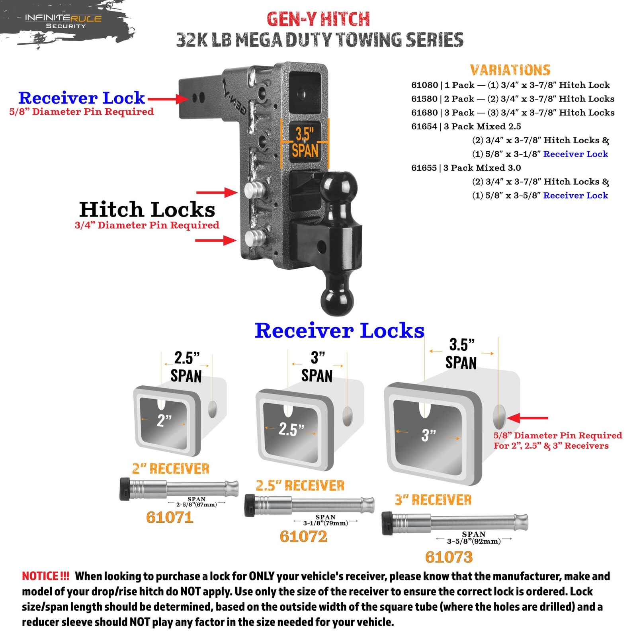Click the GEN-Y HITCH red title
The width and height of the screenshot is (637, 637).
[x=318, y=19]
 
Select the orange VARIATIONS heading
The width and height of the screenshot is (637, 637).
[x=510, y=70]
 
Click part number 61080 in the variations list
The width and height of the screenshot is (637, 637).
[x=424, y=85]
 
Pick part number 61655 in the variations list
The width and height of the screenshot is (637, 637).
[x=424, y=168]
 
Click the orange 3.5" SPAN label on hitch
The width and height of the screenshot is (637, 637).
[x=305, y=143]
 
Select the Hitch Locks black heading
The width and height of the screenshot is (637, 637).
[x=147, y=209]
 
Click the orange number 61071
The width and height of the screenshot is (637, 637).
[x=170, y=518]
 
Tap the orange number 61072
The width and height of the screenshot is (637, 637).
[x=303, y=537]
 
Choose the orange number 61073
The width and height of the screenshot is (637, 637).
[x=449, y=557]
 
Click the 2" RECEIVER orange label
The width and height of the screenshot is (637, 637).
[x=171, y=469]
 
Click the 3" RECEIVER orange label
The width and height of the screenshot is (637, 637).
[x=433, y=500]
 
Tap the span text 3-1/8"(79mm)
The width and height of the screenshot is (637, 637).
[x=326, y=523]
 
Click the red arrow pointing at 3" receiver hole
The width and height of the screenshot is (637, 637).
[x=528, y=418]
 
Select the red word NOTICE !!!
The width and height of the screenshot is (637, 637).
[x=45, y=576]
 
